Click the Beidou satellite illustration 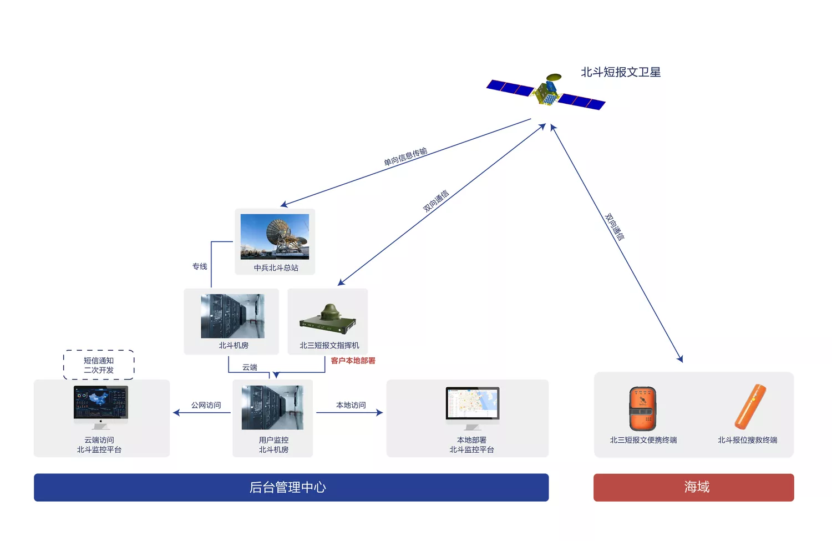546,92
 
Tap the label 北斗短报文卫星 621,72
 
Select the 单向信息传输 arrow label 405,156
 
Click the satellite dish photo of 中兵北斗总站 275,236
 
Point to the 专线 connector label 200,266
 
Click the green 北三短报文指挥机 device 328,319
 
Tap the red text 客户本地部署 353,361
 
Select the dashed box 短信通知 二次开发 99,365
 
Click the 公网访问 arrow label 206,405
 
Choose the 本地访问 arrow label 351,405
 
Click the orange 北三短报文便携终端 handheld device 642,408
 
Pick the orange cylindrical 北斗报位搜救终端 750,407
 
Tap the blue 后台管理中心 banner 291,487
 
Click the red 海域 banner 693,487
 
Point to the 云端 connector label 250,367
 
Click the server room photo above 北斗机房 233,316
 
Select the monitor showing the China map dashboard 100,407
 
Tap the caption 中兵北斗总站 276,267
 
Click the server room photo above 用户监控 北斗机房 273,407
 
